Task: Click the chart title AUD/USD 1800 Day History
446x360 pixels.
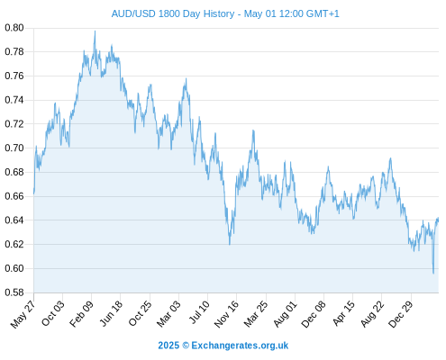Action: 173,13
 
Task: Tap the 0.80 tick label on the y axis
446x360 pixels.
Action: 14,28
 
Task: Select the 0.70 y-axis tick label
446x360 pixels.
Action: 14,148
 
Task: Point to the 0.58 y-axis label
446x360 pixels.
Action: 14,292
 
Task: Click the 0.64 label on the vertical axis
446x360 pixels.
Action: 14,220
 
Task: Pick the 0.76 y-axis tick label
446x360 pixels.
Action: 14,76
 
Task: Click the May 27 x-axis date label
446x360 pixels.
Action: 23,314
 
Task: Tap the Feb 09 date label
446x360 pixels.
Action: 81,314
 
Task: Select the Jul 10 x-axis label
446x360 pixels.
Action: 198,312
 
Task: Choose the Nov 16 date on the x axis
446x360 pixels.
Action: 226,314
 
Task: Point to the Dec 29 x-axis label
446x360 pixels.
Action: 401,314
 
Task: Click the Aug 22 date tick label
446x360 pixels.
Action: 372,314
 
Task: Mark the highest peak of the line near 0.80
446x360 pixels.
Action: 95,31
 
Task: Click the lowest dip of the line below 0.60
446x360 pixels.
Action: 433,274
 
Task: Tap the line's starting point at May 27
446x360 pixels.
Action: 34,193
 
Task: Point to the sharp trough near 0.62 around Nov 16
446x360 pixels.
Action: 230,245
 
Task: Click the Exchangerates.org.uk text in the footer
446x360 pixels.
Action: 240,346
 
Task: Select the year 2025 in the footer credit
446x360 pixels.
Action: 168,346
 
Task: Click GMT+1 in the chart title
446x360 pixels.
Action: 323,13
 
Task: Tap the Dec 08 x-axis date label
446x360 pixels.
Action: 314,314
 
